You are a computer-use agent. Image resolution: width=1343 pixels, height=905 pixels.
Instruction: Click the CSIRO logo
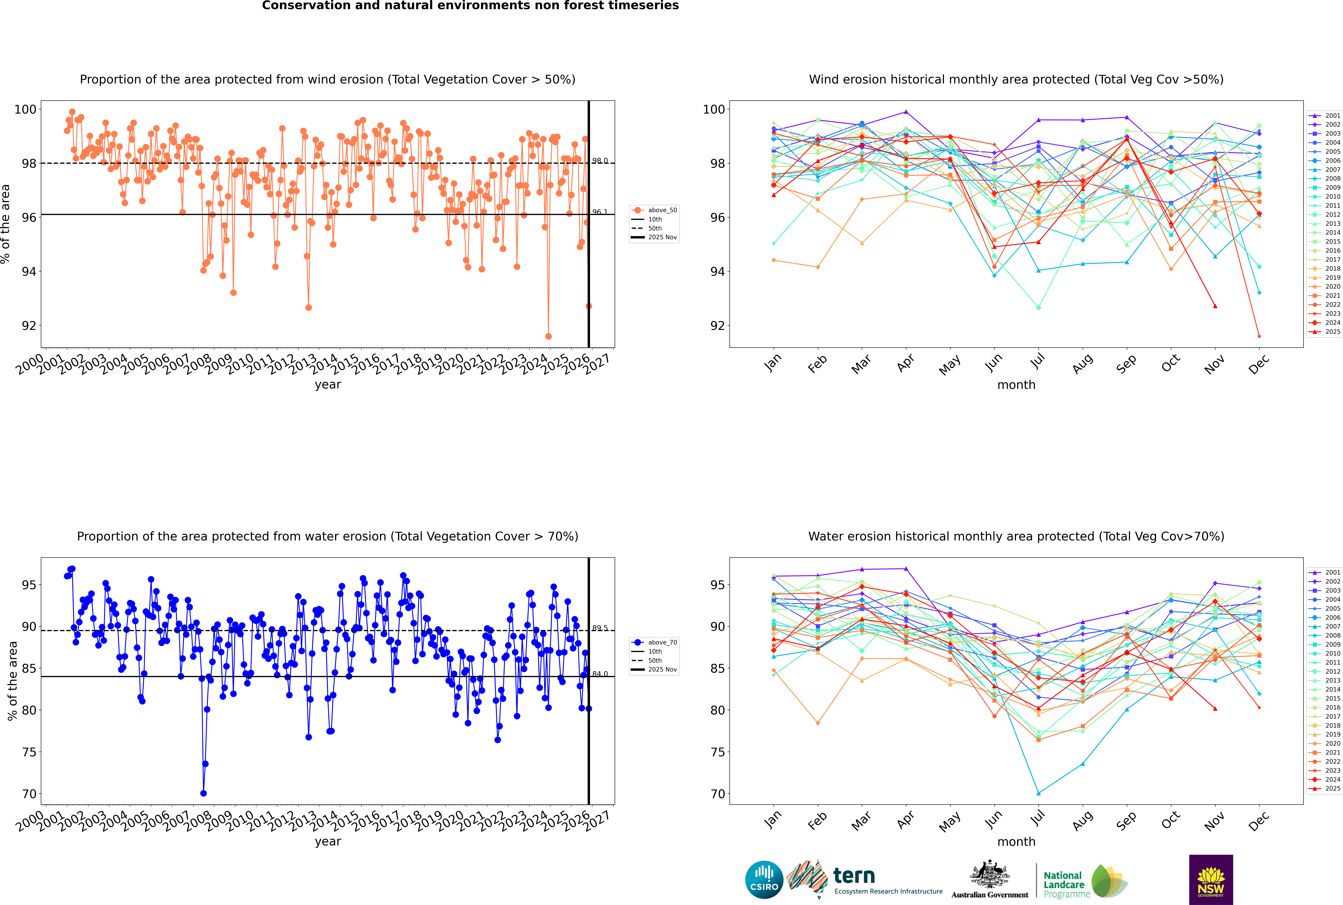coord(764,880)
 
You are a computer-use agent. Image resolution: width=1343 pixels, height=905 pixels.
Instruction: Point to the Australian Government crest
coord(990,874)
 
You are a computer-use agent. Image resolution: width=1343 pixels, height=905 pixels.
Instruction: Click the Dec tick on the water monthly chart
coord(1259,820)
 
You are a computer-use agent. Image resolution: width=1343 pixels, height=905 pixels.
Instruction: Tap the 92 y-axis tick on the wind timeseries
coord(29,326)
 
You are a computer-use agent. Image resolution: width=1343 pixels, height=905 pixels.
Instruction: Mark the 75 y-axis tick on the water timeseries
coord(29,752)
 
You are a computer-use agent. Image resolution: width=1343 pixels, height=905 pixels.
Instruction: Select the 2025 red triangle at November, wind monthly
coord(1215,306)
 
